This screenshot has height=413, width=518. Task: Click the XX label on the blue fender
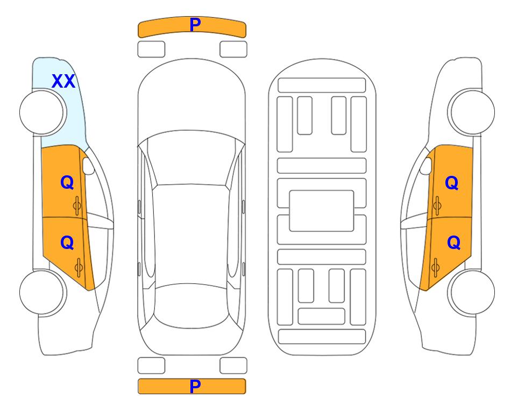pyautogui.click(x=63, y=81)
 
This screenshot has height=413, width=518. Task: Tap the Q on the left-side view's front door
pyautogui.click(x=67, y=182)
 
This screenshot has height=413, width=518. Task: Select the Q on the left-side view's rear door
pyautogui.click(x=67, y=243)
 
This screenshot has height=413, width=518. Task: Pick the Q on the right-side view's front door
pyautogui.click(x=452, y=183)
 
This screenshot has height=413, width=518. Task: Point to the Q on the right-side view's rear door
pyautogui.click(x=453, y=243)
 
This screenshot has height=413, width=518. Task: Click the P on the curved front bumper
pyautogui.click(x=195, y=25)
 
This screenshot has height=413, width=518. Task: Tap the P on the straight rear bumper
pyautogui.click(x=195, y=386)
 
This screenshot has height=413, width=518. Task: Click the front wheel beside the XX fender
pyautogui.click(x=42, y=112)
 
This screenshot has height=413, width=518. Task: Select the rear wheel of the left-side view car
pyautogui.click(x=42, y=292)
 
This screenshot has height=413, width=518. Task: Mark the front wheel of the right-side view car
pyautogui.click(x=471, y=112)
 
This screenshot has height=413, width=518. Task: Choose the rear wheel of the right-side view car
pyautogui.click(x=471, y=292)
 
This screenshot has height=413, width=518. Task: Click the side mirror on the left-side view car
pyautogui.click(x=88, y=166)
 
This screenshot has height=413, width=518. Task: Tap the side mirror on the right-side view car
pyautogui.click(x=426, y=166)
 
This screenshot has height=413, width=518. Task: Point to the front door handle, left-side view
pyautogui.click(x=77, y=205)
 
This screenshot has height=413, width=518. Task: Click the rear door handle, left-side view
pyautogui.click(x=79, y=267)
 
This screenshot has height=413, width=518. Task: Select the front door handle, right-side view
pyautogui.click(x=437, y=205)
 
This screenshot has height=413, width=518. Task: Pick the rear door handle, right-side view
pyautogui.click(x=435, y=267)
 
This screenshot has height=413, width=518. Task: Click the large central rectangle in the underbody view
pyautogui.click(x=322, y=211)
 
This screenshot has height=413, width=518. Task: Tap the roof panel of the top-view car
pyautogui.click(x=191, y=235)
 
